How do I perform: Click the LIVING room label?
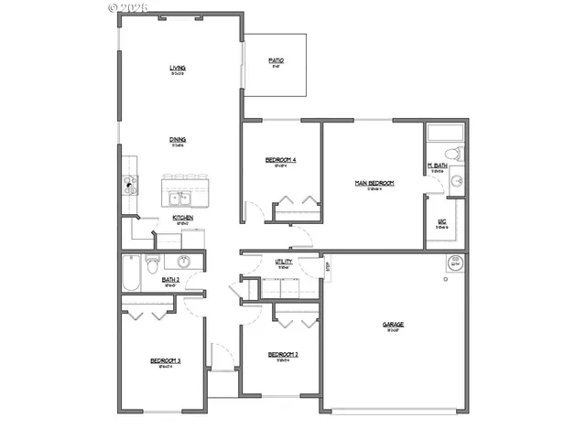pos(178,69)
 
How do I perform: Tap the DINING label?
pos(178,140)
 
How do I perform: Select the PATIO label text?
pos(276,61)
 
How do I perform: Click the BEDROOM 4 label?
pos(280,160)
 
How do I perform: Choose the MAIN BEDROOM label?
pos(374,183)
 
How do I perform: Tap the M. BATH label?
pos(437,166)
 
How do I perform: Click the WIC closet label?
pos(441,221)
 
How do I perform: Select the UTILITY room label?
pos(284,262)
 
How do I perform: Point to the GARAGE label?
pos(394,325)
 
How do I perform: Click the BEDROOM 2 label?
pos(284,355)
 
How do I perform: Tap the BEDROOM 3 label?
pos(166,361)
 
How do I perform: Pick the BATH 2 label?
pos(169,281)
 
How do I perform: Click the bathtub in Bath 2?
pos(131,273)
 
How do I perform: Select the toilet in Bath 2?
pos(156,262)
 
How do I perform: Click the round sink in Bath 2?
pos(183,262)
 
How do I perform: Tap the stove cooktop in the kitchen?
pos(130,184)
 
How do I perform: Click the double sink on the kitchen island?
pos(179,197)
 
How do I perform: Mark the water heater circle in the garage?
pos(454,264)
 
